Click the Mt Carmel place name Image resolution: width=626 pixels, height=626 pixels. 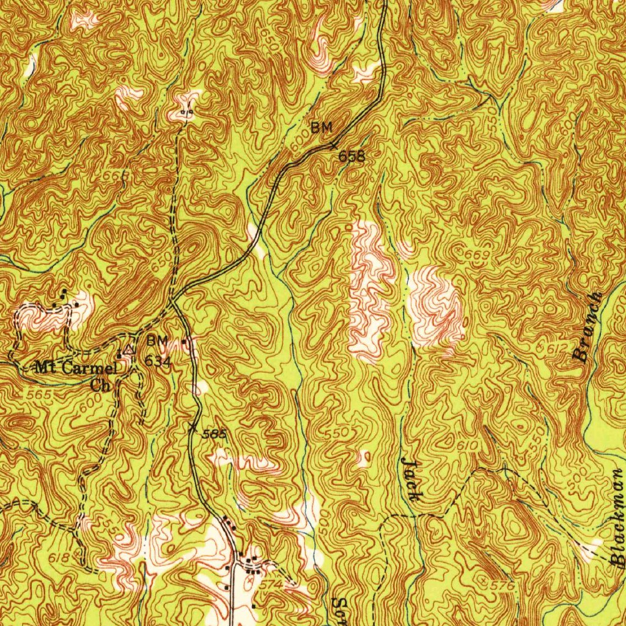pyautogui.click(x=75, y=368)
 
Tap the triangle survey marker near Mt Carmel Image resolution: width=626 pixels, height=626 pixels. pyautogui.click(x=128, y=350)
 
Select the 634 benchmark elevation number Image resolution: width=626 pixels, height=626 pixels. pyautogui.click(x=157, y=362)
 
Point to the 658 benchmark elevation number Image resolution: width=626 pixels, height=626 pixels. pyautogui.click(x=352, y=156)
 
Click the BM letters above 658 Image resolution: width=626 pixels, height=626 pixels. pyautogui.click(x=321, y=128)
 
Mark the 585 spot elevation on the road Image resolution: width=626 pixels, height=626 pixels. pyautogui.click(x=215, y=434)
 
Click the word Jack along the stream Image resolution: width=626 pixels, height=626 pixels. pyautogui.click(x=410, y=481)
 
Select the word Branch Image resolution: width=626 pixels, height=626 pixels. pyautogui.click(x=589, y=327)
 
